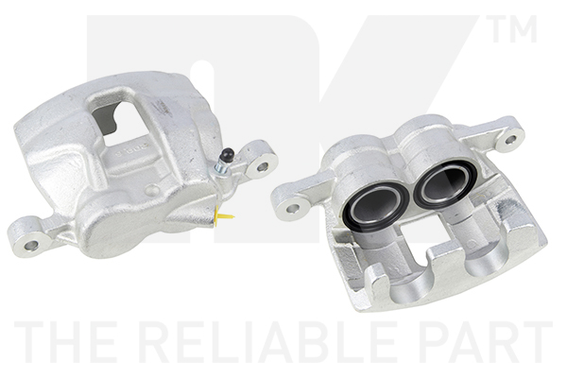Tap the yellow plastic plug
(223, 217)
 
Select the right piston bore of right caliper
(444, 185)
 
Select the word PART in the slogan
(485, 341)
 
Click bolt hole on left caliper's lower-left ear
(31, 246)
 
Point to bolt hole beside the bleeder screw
(263, 166)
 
